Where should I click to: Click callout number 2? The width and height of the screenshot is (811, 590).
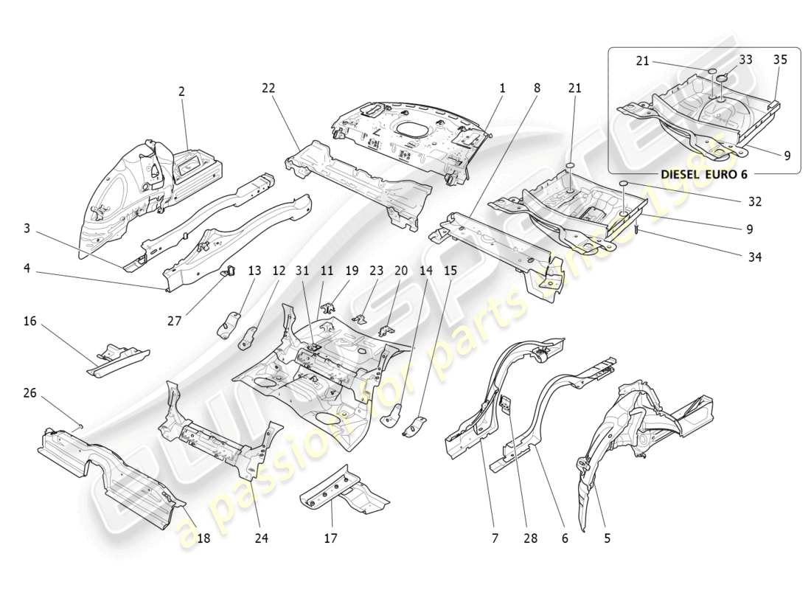pyautogui.click(x=181, y=91)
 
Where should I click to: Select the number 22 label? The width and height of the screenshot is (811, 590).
pyautogui.click(x=268, y=88)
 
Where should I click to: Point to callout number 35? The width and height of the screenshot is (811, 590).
pyautogui.click(x=780, y=60)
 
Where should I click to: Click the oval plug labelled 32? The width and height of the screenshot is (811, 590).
pyautogui.click(x=623, y=182)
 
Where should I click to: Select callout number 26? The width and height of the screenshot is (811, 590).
pyautogui.click(x=30, y=393)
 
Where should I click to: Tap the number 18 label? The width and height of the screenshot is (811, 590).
pyautogui.click(x=203, y=538)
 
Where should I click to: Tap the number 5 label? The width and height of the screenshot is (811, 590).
pyautogui.click(x=607, y=538)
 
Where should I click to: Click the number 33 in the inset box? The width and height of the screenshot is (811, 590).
pyautogui.click(x=745, y=60)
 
